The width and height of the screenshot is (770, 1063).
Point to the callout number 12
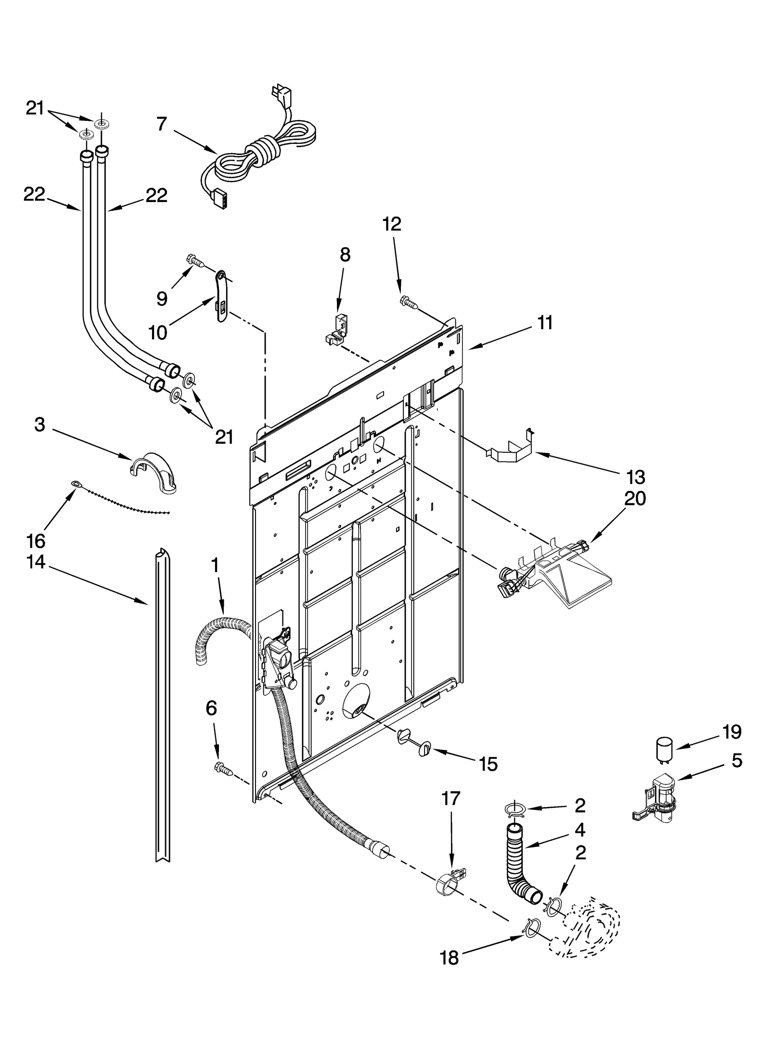pyautogui.click(x=392, y=224)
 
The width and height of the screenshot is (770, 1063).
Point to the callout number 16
pyautogui.click(x=36, y=541)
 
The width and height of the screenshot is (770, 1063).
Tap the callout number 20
pyautogui.click(x=634, y=499)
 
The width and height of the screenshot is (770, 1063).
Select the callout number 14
pyautogui.click(x=36, y=562)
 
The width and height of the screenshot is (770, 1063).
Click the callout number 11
pyautogui.click(x=545, y=323)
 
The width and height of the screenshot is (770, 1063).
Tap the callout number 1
pyautogui.click(x=215, y=565)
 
